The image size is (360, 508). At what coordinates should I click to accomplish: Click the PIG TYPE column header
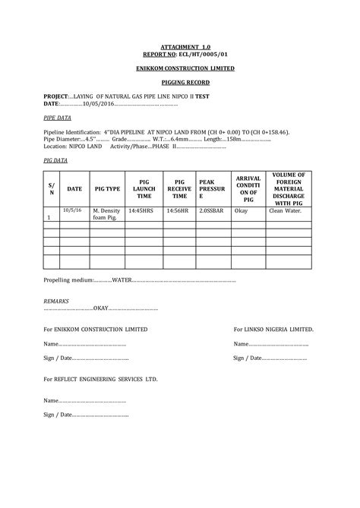(107, 188)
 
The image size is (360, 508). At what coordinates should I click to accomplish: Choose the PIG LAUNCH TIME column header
(144, 188)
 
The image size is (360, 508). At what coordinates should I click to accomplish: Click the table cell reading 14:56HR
(177, 210)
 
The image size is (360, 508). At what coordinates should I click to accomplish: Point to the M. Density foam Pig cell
(106, 213)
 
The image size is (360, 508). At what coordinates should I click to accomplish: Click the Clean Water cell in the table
(286, 210)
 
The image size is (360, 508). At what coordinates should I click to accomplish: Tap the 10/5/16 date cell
(73, 209)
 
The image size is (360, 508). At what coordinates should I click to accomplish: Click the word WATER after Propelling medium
(121, 280)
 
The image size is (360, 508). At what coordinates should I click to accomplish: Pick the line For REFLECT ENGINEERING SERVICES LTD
(100, 377)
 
